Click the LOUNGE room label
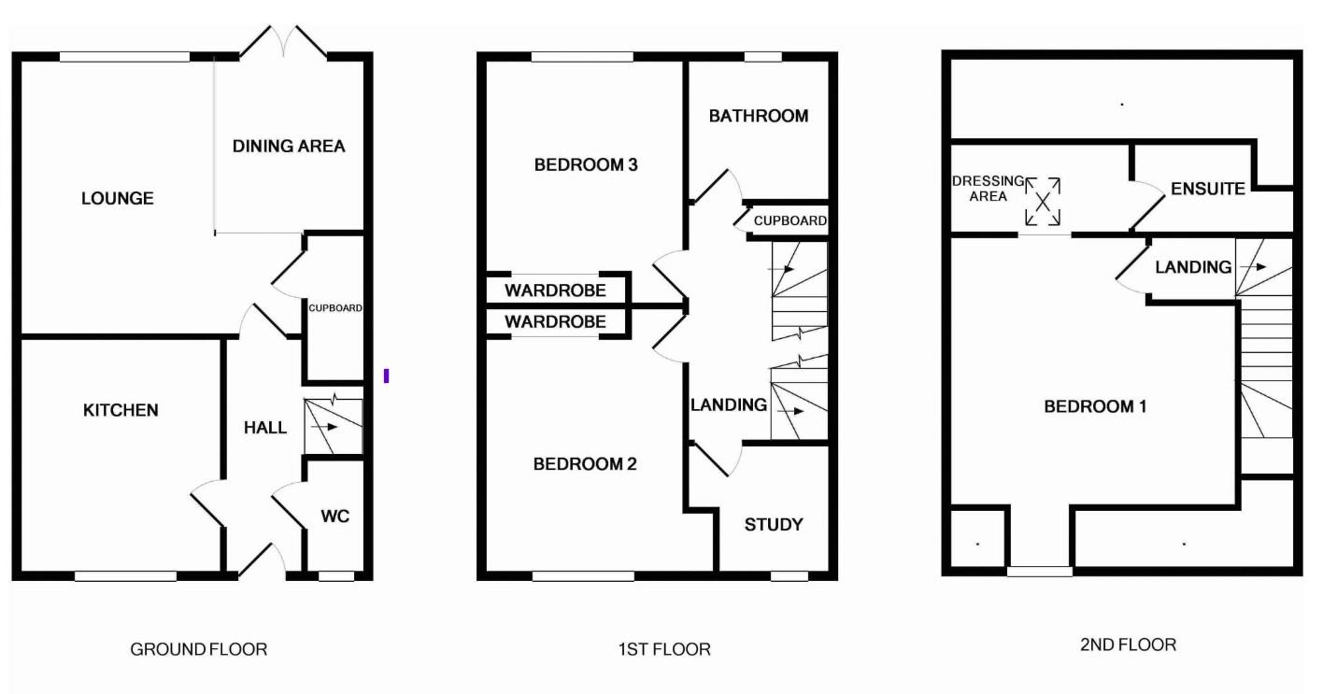click(x=118, y=198)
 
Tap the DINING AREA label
click(x=289, y=147)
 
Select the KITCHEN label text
click(x=121, y=411)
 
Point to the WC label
click(x=334, y=517)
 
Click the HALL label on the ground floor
click(x=265, y=428)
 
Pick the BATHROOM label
click(x=759, y=116)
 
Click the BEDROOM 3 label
click(x=586, y=164)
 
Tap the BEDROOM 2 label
click(x=585, y=464)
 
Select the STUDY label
click(x=774, y=525)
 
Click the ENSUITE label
click(x=1208, y=190)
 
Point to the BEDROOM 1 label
click(x=1095, y=407)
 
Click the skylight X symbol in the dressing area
click(x=1043, y=202)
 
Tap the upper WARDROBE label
click(x=555, y=290)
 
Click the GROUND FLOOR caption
click(x=199, y=649)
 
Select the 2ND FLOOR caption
click(x=1128, y=645)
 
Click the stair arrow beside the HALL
click(x=324, y=427)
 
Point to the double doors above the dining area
click(x=283, y=42)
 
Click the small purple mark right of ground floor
click(x=387, y=375)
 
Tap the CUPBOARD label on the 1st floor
click(x=790, y=220)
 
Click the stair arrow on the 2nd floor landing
click(x=1253, y=267)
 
